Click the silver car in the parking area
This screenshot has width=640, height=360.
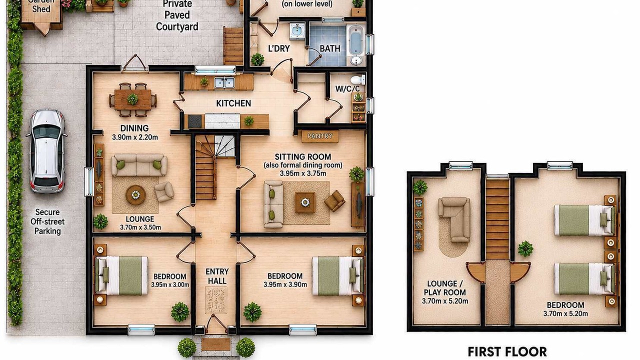point(46,151)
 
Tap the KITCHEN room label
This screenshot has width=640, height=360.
point(233,103)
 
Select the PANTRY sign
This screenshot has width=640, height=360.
point(320,136)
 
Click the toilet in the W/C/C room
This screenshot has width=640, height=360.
point(357,79)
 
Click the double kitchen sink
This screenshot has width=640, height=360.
point(224,82)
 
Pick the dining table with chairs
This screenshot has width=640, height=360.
point(133,99)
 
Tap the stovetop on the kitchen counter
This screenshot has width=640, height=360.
point(195,121)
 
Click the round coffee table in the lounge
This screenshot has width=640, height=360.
point(135,195)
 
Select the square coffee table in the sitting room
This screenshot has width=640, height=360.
point(305,202)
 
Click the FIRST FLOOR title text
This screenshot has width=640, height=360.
point(507,351)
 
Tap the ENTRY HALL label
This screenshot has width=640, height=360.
point(217,276)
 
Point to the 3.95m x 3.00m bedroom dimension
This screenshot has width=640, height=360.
point(170,285)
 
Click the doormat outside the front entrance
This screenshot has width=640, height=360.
point(215,344)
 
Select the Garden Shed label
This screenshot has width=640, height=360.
point(41,5)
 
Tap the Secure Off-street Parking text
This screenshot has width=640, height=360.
point(47,221)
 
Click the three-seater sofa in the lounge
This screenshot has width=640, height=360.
point(139,165)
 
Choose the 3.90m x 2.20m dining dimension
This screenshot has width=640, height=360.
point(135,137)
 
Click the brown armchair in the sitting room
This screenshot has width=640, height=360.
point(334,201)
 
